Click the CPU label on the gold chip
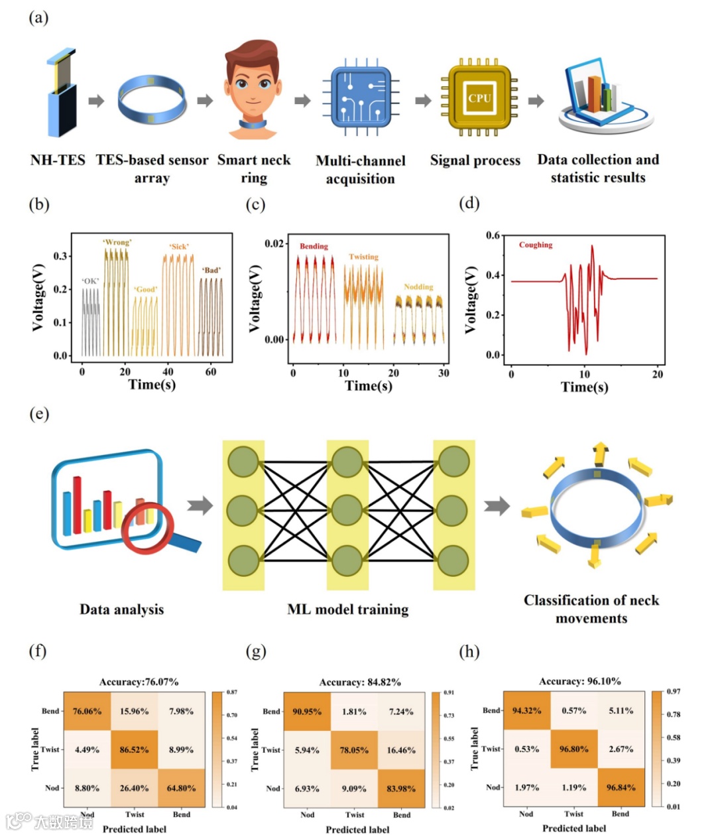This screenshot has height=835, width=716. point(479,98)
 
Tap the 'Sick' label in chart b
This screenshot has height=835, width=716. point(179,247)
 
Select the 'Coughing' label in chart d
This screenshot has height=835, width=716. point(536,245)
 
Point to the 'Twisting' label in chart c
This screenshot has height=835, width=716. point(363,257)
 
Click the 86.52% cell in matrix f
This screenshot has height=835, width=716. point(134,749)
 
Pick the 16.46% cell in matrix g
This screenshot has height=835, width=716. point(401,750)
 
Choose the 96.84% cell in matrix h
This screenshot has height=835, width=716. point(621,787)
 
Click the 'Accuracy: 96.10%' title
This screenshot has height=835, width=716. point(580,681)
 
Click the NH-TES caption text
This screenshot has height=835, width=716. point(58,160)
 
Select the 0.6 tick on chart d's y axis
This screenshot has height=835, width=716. point(493,235)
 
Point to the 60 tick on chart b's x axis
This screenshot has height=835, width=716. point(210,372)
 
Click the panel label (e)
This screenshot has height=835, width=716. point(39,415)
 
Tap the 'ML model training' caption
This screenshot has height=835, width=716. point(347,610)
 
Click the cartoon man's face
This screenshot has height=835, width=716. point(252,83)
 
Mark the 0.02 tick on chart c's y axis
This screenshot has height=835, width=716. point(274,243)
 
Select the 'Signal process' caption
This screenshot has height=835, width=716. point(475,160)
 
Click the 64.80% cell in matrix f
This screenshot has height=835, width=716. point(181,788)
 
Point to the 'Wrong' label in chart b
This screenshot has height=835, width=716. point(117,243)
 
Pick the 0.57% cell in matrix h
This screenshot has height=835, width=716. point(573,710)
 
